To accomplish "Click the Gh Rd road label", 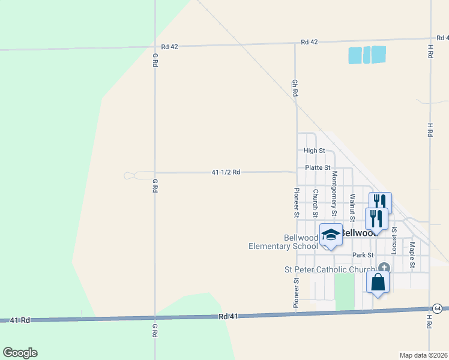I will click(x=295, y=88).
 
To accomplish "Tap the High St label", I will click(x=314, y=151).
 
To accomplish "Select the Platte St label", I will click(x=318, y=168).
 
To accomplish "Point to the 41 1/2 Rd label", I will click(x=226, y=172).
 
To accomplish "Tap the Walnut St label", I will click(x=353, y=205).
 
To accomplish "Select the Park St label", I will click(x=363, y=255).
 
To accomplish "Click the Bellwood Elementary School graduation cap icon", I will click(x=331, y=235).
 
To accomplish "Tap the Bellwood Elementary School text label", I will click(x=284, y=242).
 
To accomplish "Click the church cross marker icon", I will click(x=384, y=268).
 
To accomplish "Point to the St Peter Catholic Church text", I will click(x=329, y=270).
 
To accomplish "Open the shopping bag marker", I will click(x=378, y=281).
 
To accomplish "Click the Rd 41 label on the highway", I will click(x=229, y=316).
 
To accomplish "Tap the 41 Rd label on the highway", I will click(x=20, y=321).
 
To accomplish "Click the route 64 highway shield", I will click(x=438, y=308).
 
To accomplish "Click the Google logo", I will click(x=20, y=353).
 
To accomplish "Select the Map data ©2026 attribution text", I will click(x=423, y=355).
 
